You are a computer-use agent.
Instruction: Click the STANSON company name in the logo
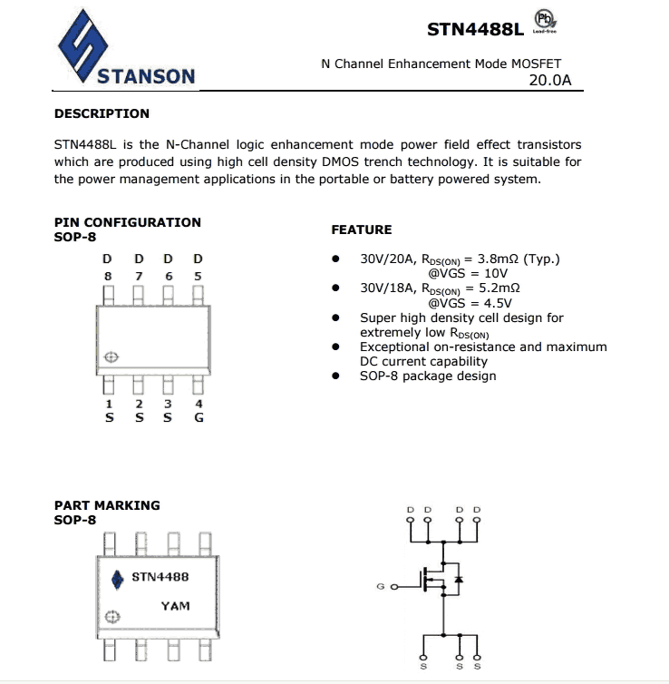[146, 76]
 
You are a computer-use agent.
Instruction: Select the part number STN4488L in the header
[475, 29]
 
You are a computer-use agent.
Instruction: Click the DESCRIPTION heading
[102, 113]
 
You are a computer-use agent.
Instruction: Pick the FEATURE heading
[362, 230]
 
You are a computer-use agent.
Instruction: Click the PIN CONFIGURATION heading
[128, 222]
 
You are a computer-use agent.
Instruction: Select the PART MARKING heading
[107, 505]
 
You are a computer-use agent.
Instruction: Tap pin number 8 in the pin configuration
[108, 276]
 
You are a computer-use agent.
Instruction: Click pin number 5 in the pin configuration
[199, 276]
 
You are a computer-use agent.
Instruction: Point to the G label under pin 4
[199, 418]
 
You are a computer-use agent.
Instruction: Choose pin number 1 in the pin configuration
[109, 405]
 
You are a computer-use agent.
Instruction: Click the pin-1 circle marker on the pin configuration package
[111, 357]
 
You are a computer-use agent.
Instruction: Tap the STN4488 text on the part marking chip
[160, 577]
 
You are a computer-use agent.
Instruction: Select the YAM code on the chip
[175, 605]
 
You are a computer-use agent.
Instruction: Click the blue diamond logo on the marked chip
[116, 579]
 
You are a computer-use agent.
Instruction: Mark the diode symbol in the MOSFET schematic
[459, 578]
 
